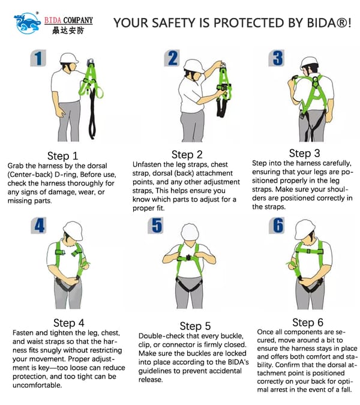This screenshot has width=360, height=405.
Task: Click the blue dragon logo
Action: pos(27,23)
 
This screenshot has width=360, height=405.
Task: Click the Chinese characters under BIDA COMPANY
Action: pos(68,31)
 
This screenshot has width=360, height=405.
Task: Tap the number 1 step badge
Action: pos(38,58)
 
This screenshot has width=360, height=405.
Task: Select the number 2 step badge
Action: pos(172,58)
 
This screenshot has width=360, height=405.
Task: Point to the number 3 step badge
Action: pos(277,58)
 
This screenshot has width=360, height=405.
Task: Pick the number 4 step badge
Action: pos(39,225)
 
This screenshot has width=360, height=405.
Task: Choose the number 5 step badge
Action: pos(156,225)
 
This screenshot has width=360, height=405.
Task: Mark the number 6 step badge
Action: pos(277,225)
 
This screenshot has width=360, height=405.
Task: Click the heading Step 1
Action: pos(63,156)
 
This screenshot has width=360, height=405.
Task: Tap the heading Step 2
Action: pos(187,154)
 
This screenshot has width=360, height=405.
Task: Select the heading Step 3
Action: pos(304,153)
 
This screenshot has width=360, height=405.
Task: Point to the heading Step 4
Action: pos(68,323)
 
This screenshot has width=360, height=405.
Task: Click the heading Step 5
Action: pos(195,326)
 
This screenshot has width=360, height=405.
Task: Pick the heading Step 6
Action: pos(308,322)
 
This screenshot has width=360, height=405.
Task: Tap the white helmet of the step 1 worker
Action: pos(68,58)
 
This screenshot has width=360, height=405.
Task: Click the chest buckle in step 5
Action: pos(188,258)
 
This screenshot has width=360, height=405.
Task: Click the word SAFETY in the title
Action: pos(173,23)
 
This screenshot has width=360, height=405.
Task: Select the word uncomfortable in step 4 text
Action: pos(37,385)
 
